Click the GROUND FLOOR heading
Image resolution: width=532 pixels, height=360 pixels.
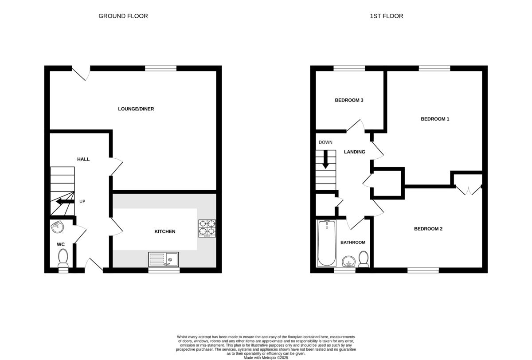(x=123, y=16)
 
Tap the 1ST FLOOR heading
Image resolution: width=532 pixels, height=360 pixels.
(x=387, y=16)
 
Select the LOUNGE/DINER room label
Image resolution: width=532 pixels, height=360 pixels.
(x=136, y=109)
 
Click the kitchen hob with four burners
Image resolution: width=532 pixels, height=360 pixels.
(x=207, y=228)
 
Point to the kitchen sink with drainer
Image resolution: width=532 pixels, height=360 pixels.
(x=164, y=259)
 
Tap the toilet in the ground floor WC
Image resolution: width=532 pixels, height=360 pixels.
(x=63, y=258)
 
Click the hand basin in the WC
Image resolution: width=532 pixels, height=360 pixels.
(x=57, y=227)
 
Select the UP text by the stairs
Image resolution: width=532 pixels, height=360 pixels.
(x=82, y=202)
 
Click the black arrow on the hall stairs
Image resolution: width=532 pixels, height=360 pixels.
(x=65, y=202)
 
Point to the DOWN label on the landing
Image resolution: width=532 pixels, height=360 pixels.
(x=325, y=142)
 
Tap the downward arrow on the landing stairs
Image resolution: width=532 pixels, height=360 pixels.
(x=325, y=159)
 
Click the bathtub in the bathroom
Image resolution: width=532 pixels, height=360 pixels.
(x=327, y=243)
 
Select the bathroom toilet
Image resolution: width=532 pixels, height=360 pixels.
(x=364, y=259)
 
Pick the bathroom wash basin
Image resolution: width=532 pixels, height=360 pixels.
(x=348, y=262)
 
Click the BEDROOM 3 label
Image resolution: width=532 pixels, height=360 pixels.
(x=349, y=101)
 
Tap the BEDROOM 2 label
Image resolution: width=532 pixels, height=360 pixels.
(x=428, y=229)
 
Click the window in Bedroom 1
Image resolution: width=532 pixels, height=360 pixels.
(x=434, y=68)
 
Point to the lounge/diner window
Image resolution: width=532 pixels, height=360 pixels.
(x=161, y=68)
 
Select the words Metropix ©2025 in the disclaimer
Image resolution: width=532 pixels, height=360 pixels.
(x=275, y=358)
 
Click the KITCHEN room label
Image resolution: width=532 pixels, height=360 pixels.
(x=165, y=231)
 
